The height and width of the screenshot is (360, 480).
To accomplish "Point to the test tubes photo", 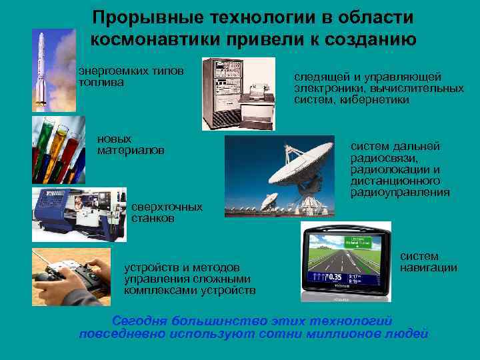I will [x=59, y=149].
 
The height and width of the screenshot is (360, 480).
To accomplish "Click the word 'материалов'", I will [x=131, y=151].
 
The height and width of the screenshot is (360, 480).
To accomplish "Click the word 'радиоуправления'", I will [x=400, y=192].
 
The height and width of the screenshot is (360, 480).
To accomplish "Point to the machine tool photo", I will [x=79, y=214].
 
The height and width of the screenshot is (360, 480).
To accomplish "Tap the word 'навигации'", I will [x=428, y=267].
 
